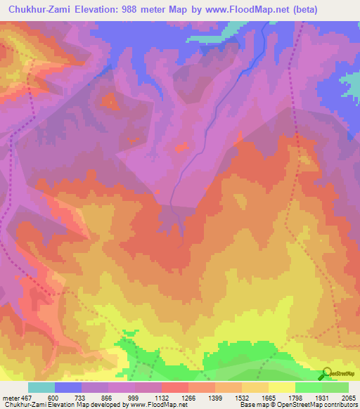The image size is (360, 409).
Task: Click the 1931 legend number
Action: point(323,397)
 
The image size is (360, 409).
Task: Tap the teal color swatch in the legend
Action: point(41,387)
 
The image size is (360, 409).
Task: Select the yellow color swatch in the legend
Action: point(282,387)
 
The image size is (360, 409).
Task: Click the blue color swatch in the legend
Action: point(68,387)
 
